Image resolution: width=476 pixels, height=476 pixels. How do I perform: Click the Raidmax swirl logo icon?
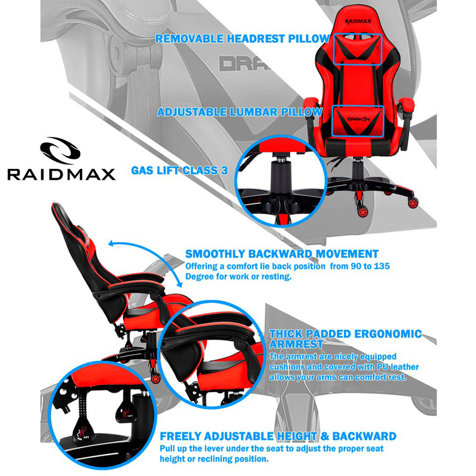coord(60,151)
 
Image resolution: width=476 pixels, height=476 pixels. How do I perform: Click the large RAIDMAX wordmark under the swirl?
coord(61,174)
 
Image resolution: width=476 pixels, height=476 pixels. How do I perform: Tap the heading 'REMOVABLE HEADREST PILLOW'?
coord(242,39)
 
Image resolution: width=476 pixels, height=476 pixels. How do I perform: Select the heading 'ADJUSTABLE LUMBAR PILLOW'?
coord(240,112)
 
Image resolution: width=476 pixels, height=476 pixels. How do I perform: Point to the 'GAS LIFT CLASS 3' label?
coord(180,170)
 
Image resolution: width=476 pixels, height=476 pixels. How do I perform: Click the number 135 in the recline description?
coord(381,266)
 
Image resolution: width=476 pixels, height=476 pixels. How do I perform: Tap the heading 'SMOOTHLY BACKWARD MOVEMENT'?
coord(281,254)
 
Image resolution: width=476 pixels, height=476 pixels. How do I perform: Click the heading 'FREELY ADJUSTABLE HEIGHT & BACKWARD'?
coord(278,436)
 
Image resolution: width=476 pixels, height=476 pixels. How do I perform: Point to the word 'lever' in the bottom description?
coord(212,449)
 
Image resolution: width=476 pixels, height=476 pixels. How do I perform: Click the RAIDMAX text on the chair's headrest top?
coord(358,21)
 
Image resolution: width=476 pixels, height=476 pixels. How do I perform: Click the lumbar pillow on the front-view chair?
coord(358,121)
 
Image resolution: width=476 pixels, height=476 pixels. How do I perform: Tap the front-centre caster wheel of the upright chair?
coord(362,211)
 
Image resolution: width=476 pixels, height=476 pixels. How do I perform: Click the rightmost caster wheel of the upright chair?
coord(413,202)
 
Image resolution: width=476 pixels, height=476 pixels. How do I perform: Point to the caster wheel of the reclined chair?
coord(156,378)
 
